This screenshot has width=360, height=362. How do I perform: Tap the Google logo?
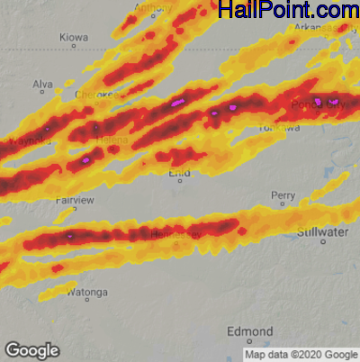click(x=31, y=349)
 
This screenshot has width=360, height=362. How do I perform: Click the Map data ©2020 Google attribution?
click(x=301, y=354)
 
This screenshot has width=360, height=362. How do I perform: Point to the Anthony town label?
click(x=152, y=8)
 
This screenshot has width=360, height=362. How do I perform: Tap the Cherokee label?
click(x=95, y=95)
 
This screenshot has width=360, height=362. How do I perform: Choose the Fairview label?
click(x=73, y=200)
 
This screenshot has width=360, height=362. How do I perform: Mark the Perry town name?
click(x=283, y=195)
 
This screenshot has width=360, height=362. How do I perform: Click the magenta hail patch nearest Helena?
click(x=87, y=159)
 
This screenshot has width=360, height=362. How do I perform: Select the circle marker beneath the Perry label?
click(x=283, y=204)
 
